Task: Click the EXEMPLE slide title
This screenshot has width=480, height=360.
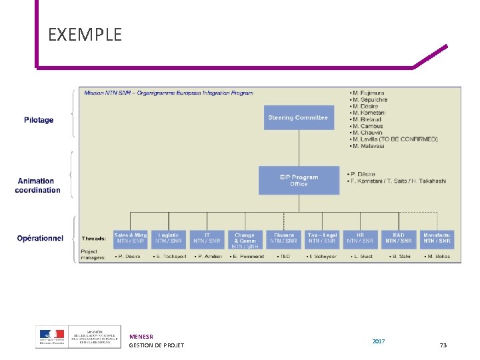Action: pos(85,34)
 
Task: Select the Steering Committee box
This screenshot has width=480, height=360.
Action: pos(298,118)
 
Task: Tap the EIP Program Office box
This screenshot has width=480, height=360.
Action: pos(299,180)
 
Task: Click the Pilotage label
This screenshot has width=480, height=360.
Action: pos(39,120)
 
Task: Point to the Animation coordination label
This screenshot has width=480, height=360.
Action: pos(37,185)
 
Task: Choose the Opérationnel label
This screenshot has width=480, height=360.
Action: pos(40,238)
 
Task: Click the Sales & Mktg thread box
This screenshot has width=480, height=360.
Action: pos(130,238)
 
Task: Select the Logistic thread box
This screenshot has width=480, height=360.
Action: pos(169,238)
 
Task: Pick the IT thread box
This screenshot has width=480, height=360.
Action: pos(207,238)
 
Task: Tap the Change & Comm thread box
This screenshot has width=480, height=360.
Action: pos(245,241)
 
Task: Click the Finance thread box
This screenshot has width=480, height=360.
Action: pos(284,238)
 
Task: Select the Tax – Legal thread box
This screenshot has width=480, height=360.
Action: pos(322,238)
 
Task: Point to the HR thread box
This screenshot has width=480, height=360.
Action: pos(360,238)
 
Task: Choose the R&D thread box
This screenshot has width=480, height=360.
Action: pos(399,238)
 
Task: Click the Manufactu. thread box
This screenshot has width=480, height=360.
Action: pos(437,238)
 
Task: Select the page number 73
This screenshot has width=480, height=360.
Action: pos(443,345)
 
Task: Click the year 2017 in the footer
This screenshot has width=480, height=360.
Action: pos(379,341)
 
